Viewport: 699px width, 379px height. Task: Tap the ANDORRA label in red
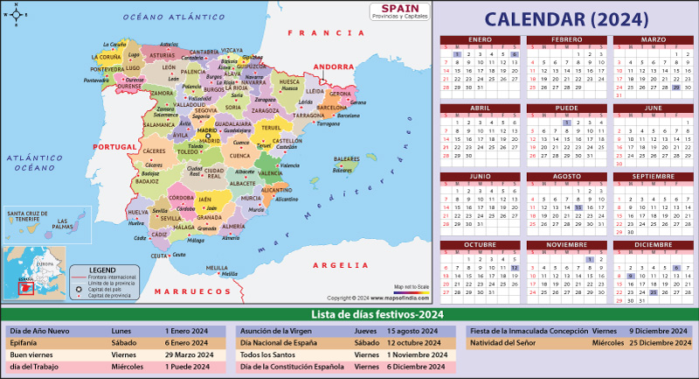(332, 67)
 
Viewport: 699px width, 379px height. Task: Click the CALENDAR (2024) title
(566, 18)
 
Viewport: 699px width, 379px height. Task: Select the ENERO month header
(480, 40)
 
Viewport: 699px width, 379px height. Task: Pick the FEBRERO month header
(567, 40)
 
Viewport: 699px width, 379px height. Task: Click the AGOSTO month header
(567, 176)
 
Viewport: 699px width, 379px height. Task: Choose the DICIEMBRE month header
(654, 244)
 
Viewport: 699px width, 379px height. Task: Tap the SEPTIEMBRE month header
(654, 176)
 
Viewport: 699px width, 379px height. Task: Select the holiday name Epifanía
(25, 343)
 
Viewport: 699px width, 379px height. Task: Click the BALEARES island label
(347, 159)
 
